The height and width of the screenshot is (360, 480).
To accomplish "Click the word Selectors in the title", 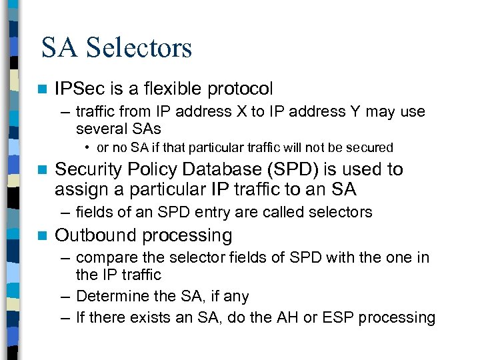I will tap(139, 48).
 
